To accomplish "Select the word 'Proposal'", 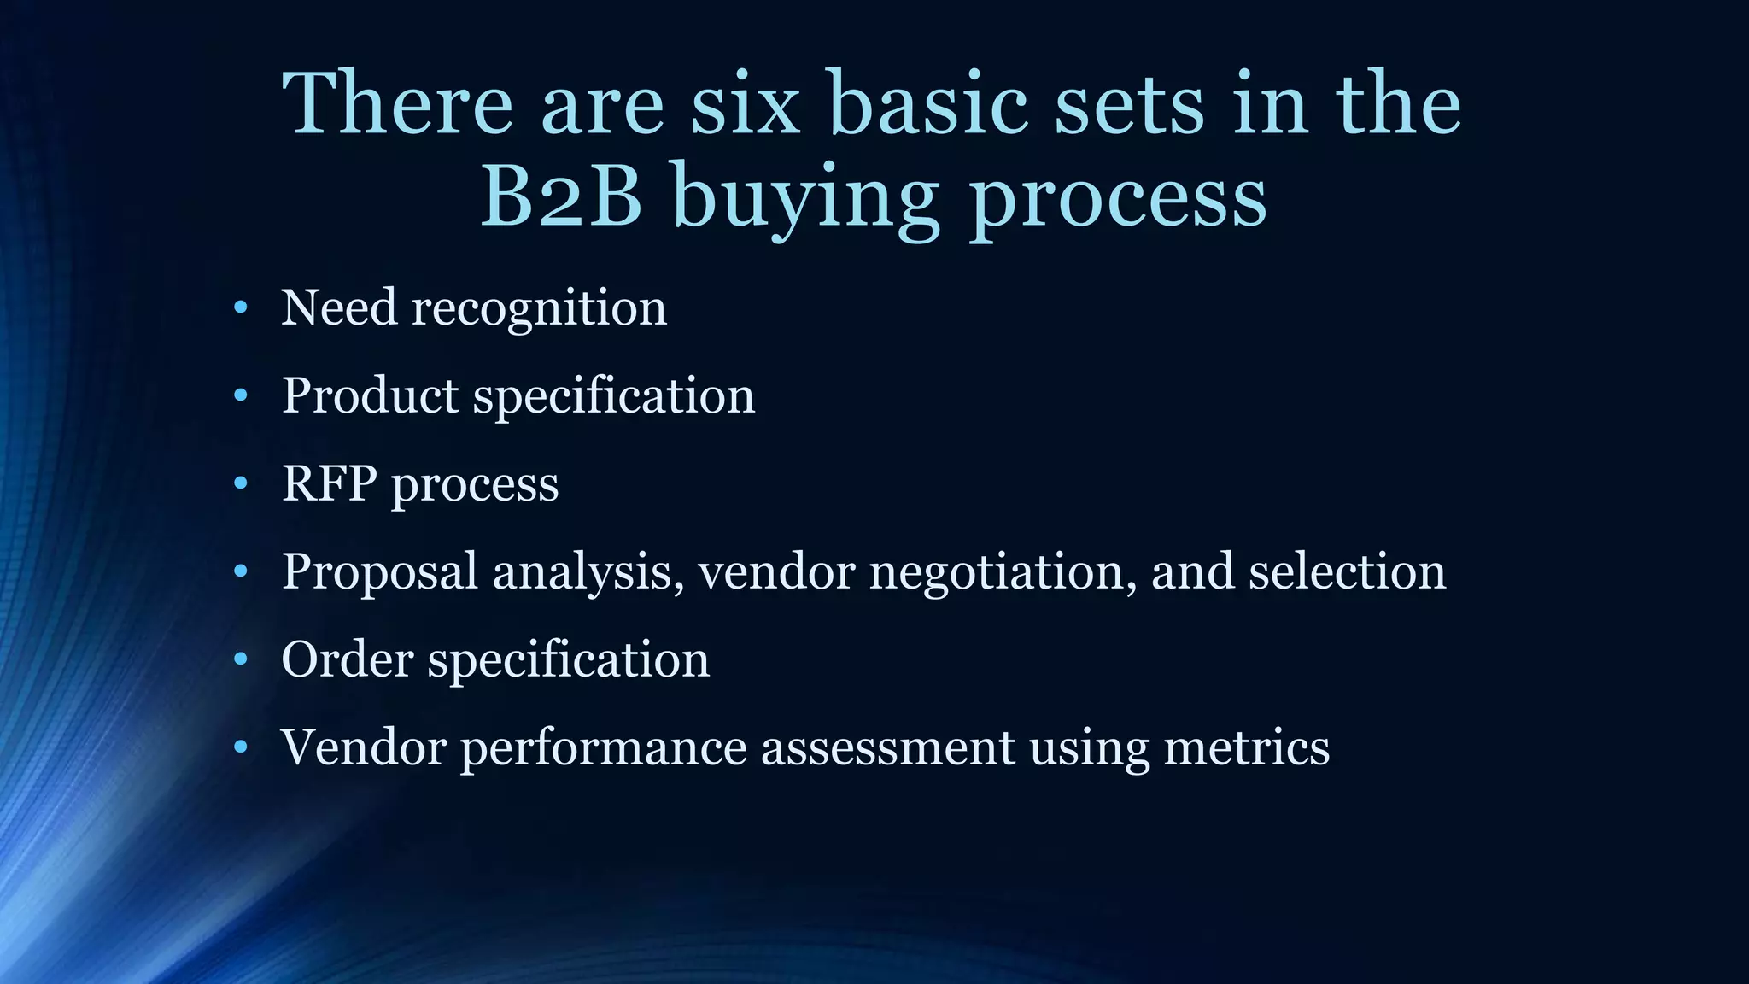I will tap(379, 572).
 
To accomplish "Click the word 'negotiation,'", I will tap(1003, 572).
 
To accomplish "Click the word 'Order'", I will tap(347, 659).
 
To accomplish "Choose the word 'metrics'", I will tap(1246, 747).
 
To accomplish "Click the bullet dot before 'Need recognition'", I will tap(241, 307).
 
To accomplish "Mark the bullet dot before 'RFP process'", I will tap(241, 483).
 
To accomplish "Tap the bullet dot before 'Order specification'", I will tap(241, 659).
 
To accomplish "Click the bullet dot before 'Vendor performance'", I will tap(241, 747).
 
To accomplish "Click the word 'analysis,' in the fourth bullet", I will tap(588, 572).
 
